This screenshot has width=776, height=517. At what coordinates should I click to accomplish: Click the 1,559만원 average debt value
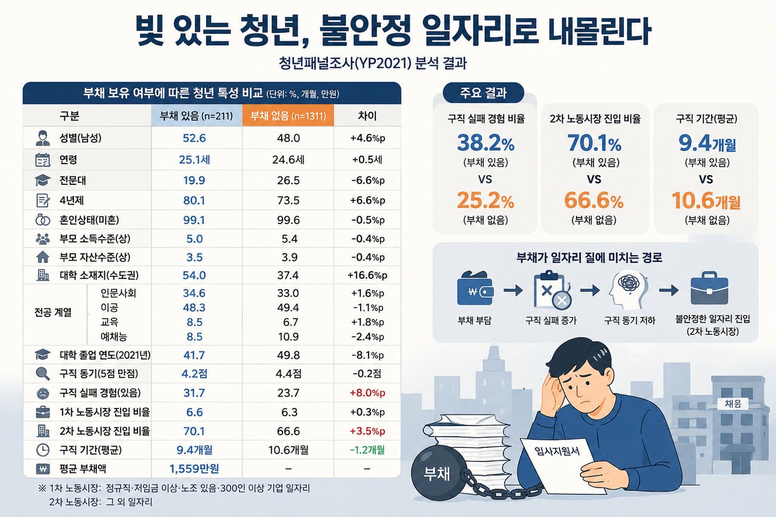(194, 469)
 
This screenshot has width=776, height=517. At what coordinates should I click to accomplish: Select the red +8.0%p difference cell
(367, 393)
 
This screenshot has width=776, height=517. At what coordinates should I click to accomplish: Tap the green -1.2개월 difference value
(367, 450)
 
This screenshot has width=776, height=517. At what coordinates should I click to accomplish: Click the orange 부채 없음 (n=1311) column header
(288, 116)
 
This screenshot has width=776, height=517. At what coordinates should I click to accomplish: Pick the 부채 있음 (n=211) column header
(196, 116)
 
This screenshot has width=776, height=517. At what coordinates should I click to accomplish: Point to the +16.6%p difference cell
(367, 275)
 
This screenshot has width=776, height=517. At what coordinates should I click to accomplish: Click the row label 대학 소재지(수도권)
(99, 275)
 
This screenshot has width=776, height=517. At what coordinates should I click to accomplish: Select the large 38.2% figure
(486, 142)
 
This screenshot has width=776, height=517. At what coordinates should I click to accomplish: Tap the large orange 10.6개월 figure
(706, 201)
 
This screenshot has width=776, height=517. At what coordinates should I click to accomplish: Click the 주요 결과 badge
(483, 93)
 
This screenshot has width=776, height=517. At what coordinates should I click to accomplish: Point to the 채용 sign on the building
(733, 404)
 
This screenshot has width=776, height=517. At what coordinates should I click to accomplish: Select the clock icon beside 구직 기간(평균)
(42, 450)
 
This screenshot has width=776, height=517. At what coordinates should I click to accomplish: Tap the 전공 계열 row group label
(53, 312)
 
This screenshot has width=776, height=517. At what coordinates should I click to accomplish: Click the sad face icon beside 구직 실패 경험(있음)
(42, 393)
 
